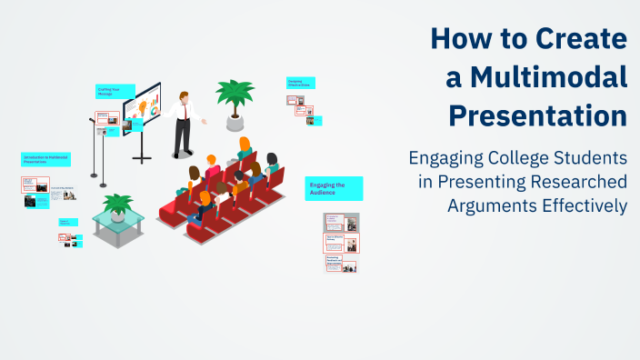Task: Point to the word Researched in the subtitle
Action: pos(578,181)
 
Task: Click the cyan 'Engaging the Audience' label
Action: pos(334,188)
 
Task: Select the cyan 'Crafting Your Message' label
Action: pos(115,92)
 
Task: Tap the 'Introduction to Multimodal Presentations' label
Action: pos(45,159)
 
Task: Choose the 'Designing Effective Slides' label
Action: pos(300,83)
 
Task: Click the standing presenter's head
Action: pos(185,96)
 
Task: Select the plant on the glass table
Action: pos(117,205)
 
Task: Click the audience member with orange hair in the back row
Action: pos(244,145)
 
